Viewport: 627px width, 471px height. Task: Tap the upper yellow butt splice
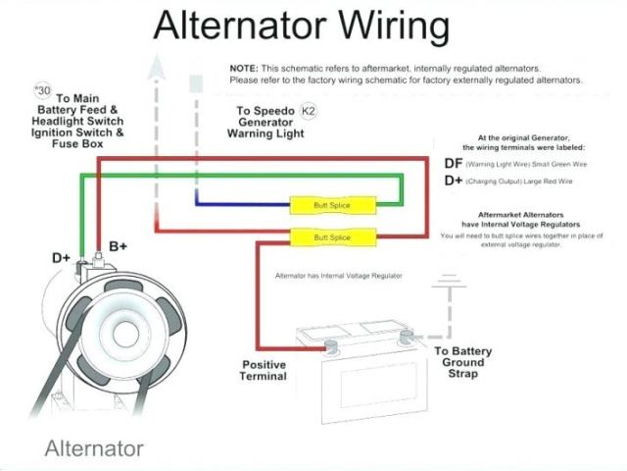coord(333,206)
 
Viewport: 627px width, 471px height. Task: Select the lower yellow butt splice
coord(333,237)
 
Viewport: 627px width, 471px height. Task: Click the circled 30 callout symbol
coord(41,91)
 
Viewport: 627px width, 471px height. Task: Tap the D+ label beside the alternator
coord(61,258)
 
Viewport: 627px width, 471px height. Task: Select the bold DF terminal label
coord(454,163)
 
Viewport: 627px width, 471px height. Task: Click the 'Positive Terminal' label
coord(265,370)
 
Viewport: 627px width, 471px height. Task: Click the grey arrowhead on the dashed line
coord(155,69)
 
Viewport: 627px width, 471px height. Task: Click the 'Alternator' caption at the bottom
coord(94,449)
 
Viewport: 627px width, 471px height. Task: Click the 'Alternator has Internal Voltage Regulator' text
coord(338,276)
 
